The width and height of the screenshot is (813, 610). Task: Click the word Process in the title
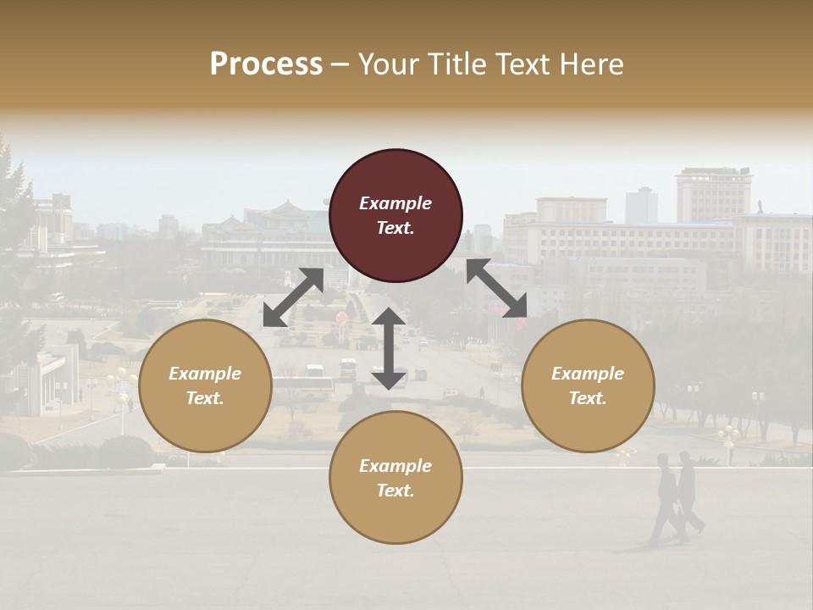click(266, 64)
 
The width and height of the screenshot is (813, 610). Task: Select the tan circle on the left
click(205, 385)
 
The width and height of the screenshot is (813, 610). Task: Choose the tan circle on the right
click(588, 385)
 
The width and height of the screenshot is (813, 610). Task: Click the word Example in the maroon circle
click(395, 203)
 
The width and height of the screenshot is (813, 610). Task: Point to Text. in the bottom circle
click(395, 491)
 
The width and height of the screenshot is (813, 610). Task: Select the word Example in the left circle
click(205, 374)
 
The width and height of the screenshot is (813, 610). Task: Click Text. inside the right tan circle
click(588, 398)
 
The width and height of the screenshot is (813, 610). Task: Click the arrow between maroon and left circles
click(293, 297)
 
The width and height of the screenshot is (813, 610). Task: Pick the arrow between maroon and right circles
click(496, 288)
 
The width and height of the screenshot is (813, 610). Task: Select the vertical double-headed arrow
click(389, 348)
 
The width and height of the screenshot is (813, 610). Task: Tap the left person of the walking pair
click(666, 500)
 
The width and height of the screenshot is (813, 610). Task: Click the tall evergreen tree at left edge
click(15, 246)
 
